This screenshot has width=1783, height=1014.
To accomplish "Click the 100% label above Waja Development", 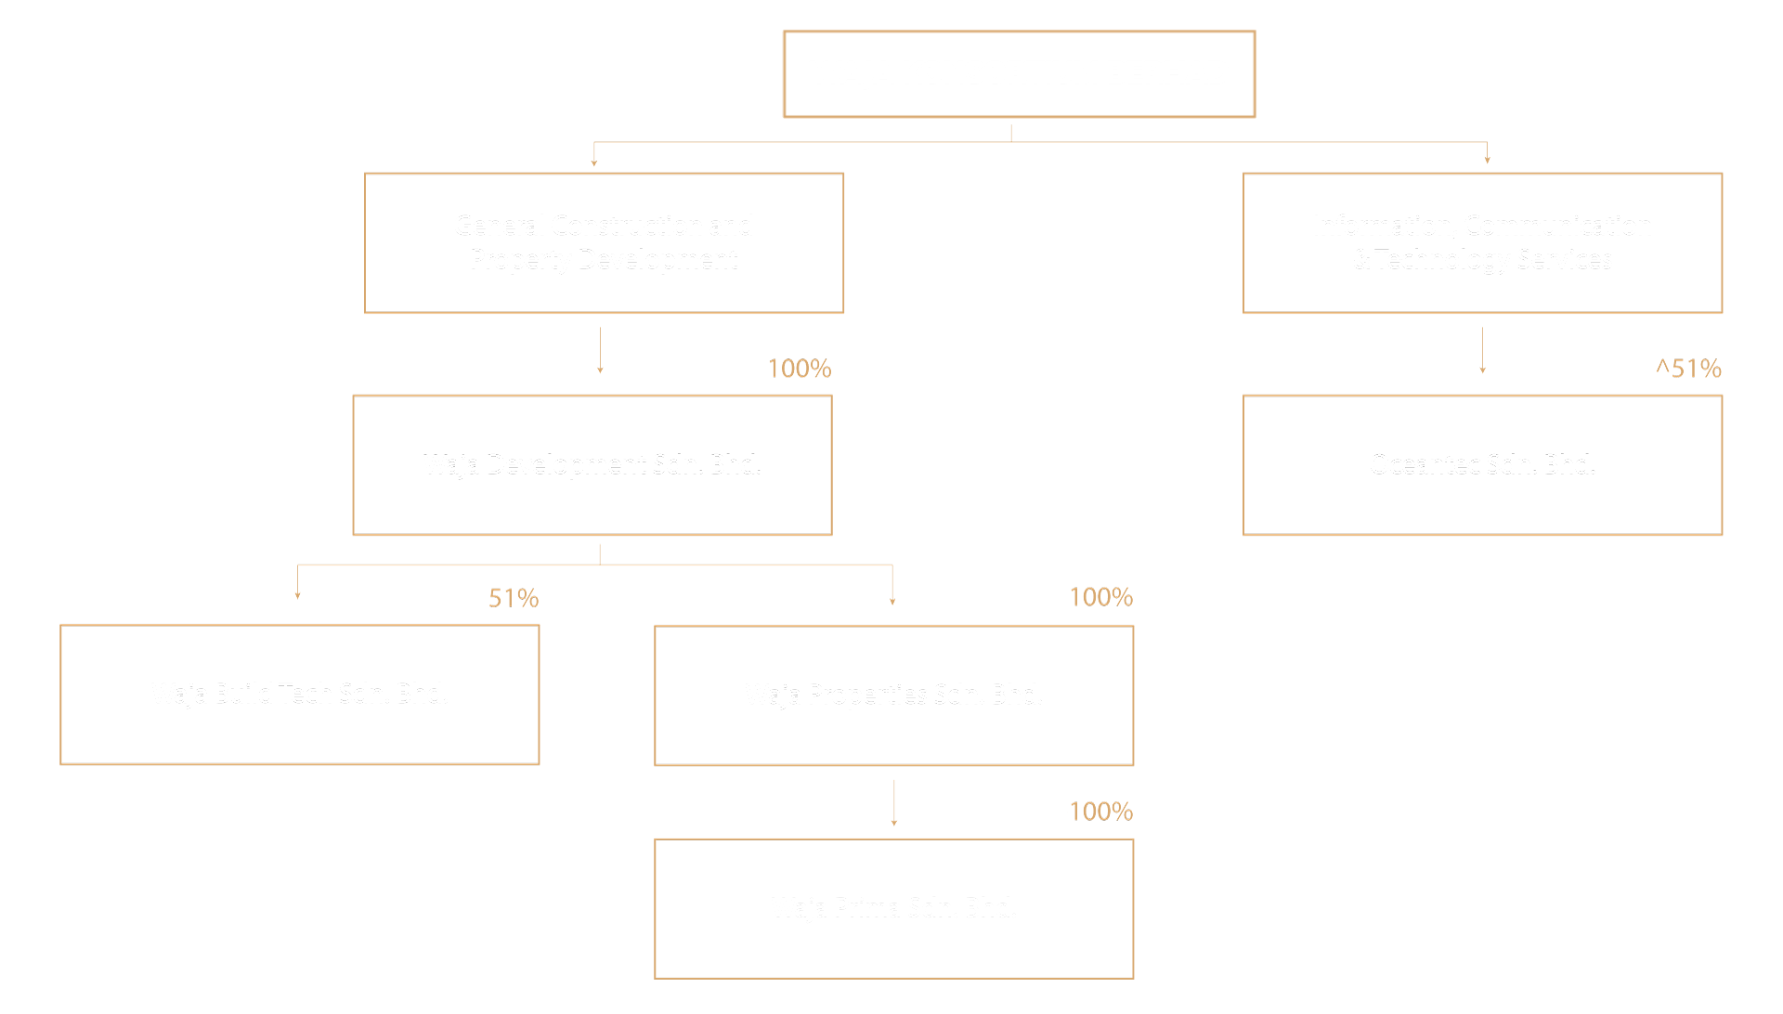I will (799, 370).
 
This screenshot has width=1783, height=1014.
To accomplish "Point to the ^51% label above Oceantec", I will (1687, 370).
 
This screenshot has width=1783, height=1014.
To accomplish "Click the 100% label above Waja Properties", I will (1100, 598).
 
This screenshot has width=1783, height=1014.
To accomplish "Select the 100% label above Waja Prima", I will (1100, 812).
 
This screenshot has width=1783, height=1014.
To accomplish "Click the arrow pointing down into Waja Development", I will (600, 350).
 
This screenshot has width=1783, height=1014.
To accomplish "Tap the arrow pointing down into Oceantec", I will (1482, 350).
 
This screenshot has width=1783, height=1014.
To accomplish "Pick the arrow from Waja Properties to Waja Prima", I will (893, 802).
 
